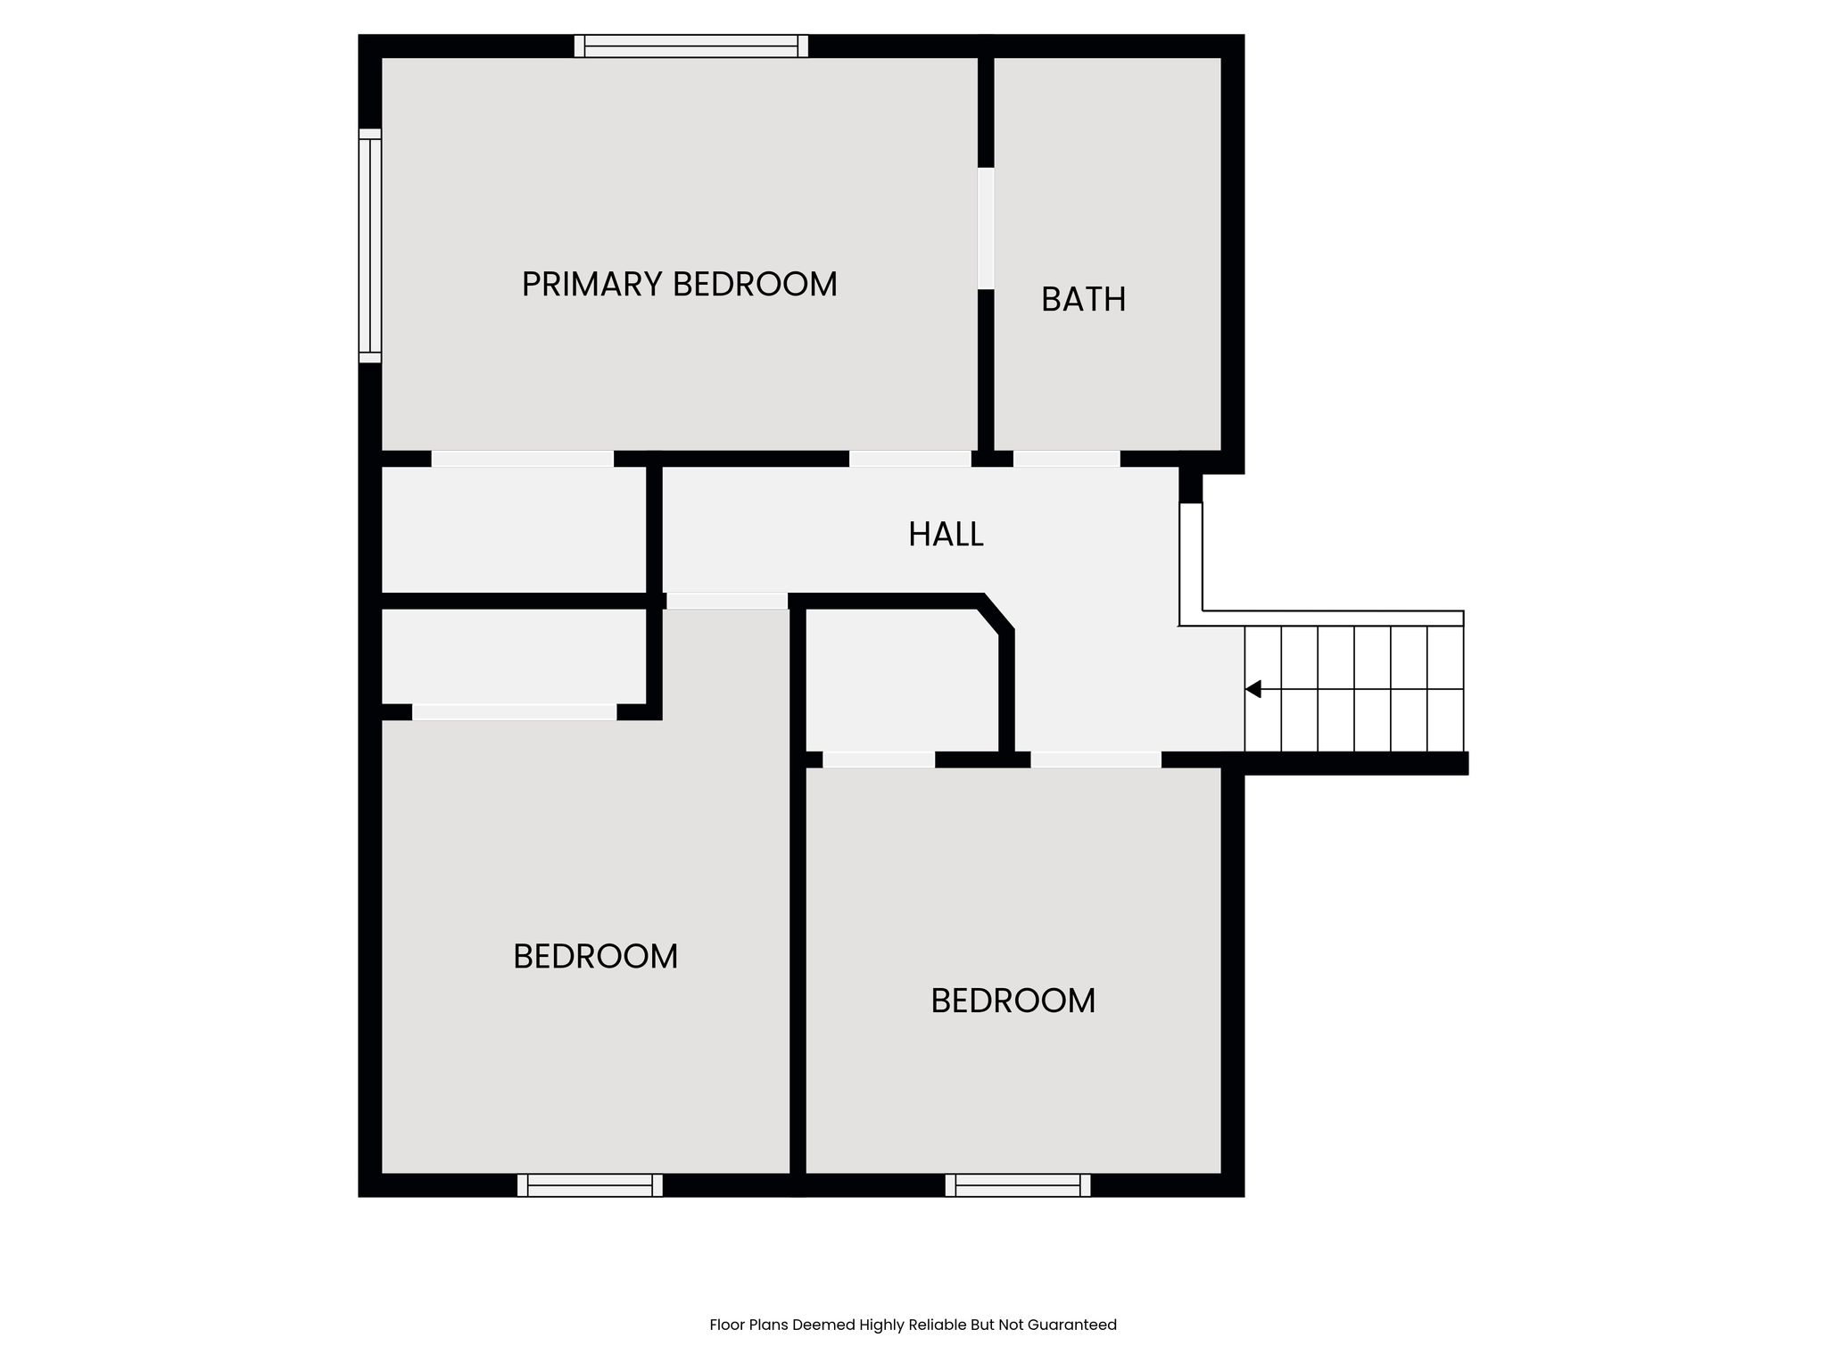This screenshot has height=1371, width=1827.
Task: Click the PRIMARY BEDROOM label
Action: pos(679,285)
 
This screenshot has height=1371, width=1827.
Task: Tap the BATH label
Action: pos(1083,299)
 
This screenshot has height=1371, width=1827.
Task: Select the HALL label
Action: pos(946,535)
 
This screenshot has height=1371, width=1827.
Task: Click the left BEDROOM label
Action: pos(595,957)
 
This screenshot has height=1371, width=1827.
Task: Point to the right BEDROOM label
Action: pos(1013,1001)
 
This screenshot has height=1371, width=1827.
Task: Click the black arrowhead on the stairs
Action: pos(1253,689)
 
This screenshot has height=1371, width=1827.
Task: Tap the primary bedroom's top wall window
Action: pos(691,46)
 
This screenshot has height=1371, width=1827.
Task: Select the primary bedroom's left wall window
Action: pos(370,245)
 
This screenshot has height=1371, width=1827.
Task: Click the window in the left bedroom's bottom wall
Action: pos(590,1185)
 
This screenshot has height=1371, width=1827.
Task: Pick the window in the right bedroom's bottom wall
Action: pos(1018,1185)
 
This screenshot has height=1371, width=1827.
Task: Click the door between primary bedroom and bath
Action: pos(986,228)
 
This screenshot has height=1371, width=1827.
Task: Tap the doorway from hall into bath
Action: pos(1067,459)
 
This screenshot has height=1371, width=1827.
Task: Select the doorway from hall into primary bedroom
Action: pos(910,459)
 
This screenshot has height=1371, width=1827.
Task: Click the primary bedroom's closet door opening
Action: pos(523,459)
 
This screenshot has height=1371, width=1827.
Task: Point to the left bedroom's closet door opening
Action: pos(514,712)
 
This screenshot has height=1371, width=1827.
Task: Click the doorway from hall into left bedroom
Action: pos(727,601)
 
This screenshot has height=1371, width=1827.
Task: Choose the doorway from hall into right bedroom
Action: pos(1096,760)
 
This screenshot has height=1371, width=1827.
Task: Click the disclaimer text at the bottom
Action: pos(913,1325)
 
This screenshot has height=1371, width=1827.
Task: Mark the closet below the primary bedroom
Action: pos(514,529)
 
